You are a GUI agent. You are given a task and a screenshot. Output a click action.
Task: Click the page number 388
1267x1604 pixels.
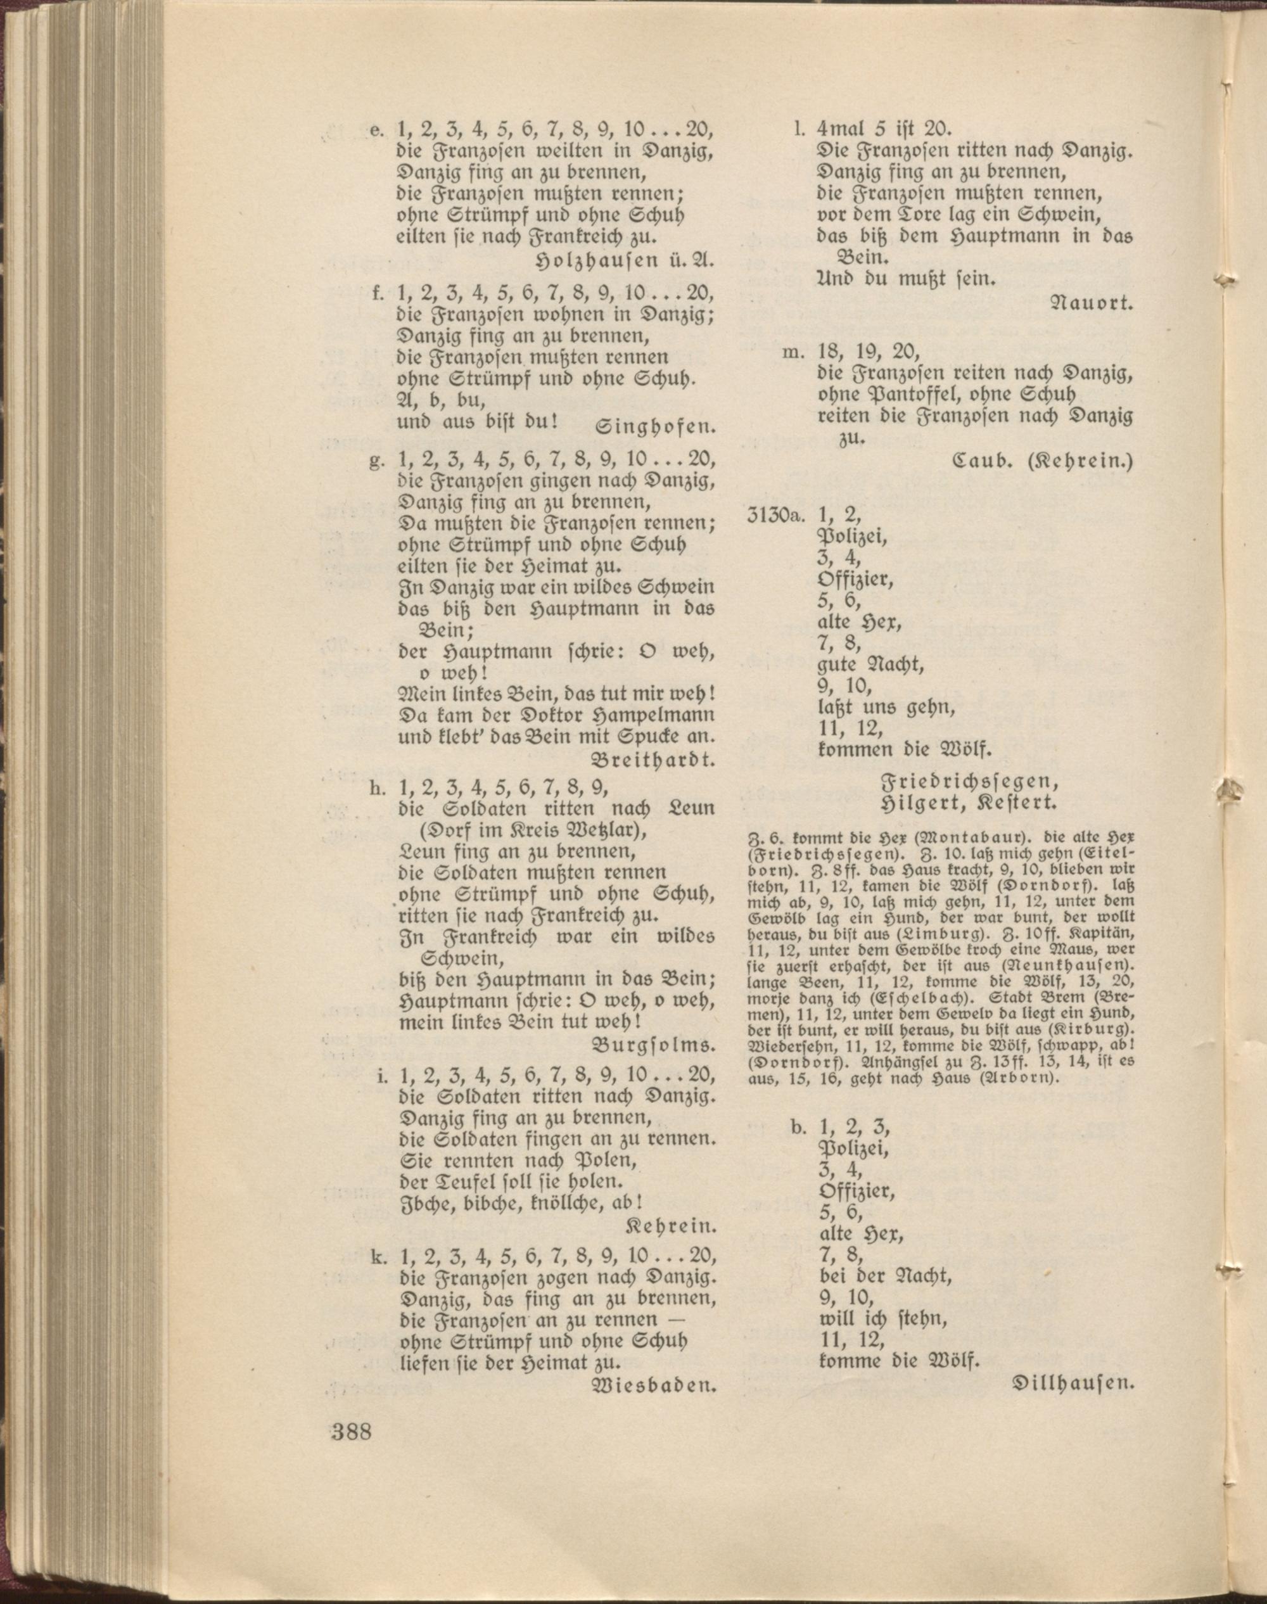click(351, 1452)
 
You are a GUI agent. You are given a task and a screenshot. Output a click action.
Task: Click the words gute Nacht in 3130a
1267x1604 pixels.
click(870, 663)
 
